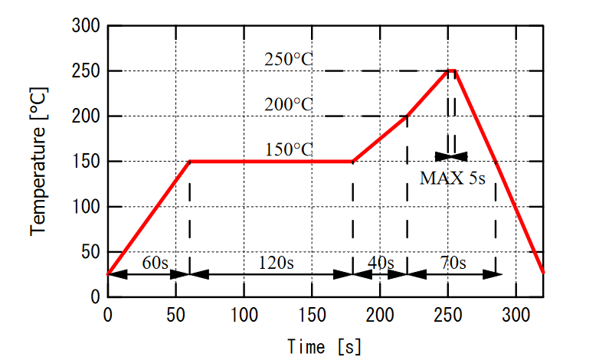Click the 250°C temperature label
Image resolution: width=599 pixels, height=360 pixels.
coord(289,59)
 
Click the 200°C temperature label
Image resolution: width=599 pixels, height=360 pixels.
coord(289,104)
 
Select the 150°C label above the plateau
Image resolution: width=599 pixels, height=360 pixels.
coord(289,149)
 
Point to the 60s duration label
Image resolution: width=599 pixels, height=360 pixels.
coord(155,263)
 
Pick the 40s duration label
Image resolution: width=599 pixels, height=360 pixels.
coord(381,263)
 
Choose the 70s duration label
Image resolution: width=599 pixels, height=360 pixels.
coord(453,263)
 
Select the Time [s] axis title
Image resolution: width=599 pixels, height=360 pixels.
coord(324,346)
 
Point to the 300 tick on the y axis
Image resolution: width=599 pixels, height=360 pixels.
coord(87,26)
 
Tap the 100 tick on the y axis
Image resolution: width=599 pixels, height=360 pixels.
coord(87,207)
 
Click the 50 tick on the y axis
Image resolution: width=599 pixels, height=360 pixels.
coord(91,252)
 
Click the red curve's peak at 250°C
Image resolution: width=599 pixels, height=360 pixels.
coord(452,70)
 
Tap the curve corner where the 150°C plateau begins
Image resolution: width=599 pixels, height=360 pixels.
coord(189,162)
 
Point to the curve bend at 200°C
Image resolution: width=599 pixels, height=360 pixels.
coord(407,116)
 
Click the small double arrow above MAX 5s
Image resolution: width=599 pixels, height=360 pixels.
coord(451,156)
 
